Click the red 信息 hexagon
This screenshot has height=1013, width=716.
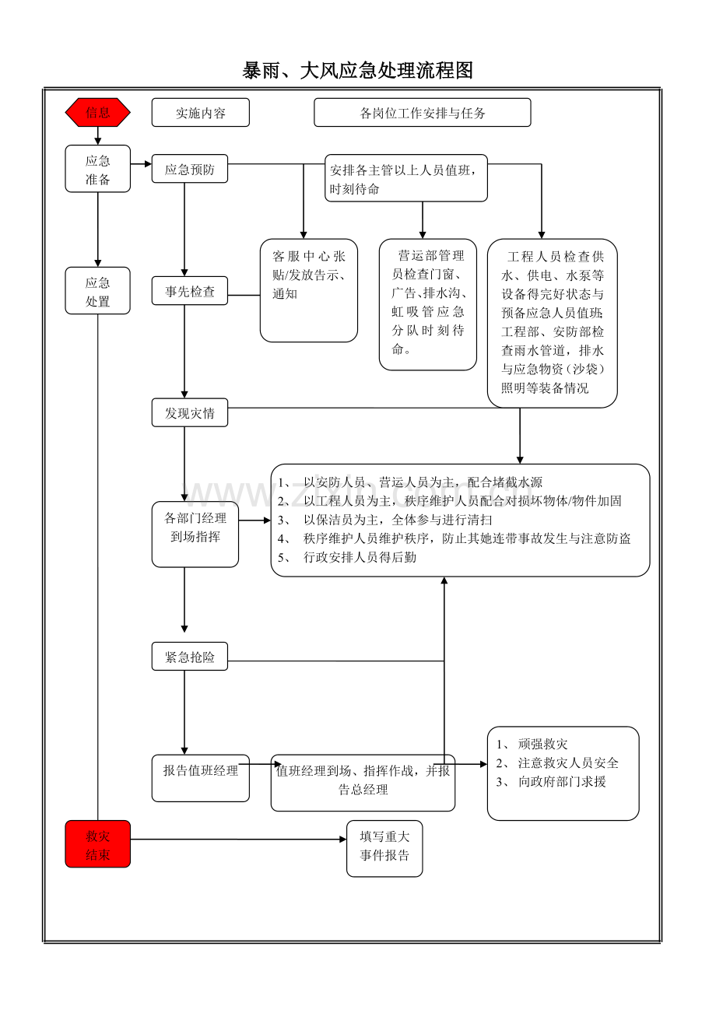(x=97, y=112)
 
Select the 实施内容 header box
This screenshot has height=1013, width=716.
(x=201, y=113)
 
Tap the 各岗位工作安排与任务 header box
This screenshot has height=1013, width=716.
(x=422, y=113)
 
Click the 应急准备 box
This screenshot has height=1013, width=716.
(x=97, y=170)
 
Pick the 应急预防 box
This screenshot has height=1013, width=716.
(x=189, y=169)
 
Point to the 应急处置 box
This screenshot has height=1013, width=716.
(x=97, y=292)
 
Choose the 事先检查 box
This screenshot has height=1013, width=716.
(x=189, y=292)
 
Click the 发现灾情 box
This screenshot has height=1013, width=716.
(x=189, y=413)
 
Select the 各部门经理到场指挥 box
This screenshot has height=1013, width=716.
(x=195, y=534)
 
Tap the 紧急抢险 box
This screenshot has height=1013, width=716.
(x=189, y=657)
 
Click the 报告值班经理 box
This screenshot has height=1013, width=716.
(x=200, y=777)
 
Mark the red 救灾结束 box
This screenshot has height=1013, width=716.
(x=97, y=845)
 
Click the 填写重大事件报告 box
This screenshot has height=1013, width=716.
(x=384, y=847)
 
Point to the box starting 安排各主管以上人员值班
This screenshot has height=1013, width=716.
(x=406, y=178)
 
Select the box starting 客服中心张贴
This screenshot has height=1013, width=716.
(x=308, y=290)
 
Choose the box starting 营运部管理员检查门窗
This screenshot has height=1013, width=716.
(x=427, y=303)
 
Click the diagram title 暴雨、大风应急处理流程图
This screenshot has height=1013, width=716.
(x=358, y=71)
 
